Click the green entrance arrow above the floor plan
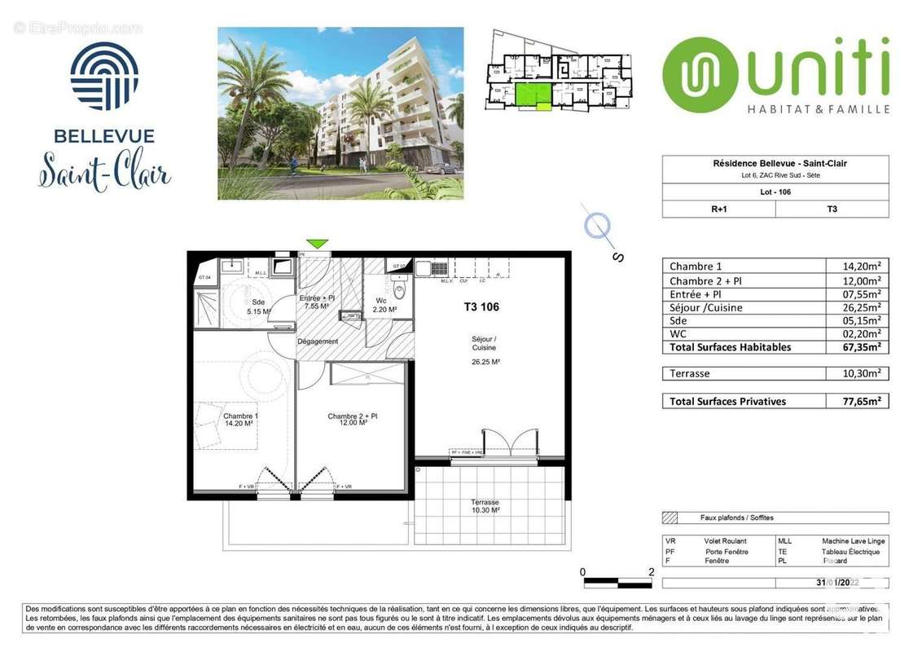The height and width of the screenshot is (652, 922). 317,244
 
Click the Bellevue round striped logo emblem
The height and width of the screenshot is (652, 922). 104,77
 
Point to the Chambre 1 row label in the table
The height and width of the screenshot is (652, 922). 696,266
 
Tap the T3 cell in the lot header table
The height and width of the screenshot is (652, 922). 832,209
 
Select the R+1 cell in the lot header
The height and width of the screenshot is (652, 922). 718,209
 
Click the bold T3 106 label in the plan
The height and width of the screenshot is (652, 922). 476,307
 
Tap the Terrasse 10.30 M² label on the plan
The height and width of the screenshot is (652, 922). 485,506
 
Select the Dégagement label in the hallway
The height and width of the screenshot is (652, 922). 317,341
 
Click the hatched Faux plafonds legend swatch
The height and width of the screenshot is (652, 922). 670,518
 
